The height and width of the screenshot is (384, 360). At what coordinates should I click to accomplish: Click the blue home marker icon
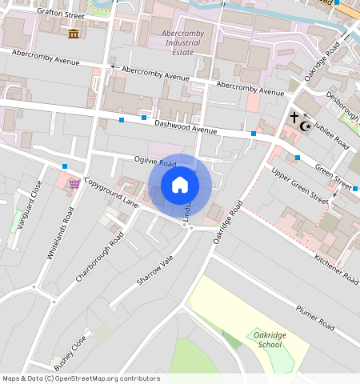(x=180, y=185)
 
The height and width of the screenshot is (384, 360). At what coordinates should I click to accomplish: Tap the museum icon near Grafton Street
(x=74, y=33)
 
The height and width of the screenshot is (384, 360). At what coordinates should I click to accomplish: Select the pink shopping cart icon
(x=74, y=184)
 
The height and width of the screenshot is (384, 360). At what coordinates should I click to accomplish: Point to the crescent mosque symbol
(x=304, y=126)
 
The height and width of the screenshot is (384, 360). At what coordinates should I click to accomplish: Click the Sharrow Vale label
(x=154, y=271)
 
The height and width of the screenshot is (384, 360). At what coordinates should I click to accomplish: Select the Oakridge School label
(x=266, y=339)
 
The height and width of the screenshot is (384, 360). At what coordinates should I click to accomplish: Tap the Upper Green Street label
(x=299, y=185)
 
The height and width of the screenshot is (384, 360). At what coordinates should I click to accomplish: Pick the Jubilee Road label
(x=330, y=131)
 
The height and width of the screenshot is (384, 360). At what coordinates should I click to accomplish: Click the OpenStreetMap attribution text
(x=81, y=378)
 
